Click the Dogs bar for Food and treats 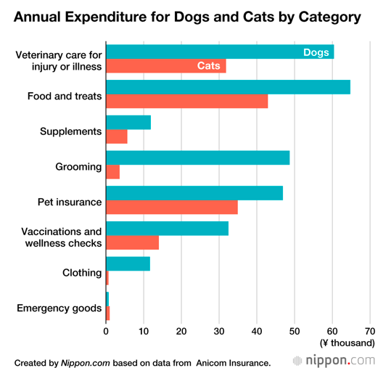[229, 87]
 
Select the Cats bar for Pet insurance [172, 207]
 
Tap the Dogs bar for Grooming [198, 157]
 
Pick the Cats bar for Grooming [113, 172]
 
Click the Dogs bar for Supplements [128, 123]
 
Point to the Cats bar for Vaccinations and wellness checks [133, 242]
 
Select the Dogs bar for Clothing [128, 263]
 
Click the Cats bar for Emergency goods [108, 313]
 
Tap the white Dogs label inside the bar [316, 52]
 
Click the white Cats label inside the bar [209, 66]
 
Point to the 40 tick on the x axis [257, 332]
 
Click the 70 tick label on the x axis [370, 332]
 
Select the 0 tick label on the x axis [106, 332]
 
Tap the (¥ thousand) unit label [347, 343]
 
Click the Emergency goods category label [59, 308]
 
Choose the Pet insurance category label [70, 202]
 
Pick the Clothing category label [82, 273]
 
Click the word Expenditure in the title [118, 17]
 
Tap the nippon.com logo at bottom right [334, 361]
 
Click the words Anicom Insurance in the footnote [234, 364]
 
